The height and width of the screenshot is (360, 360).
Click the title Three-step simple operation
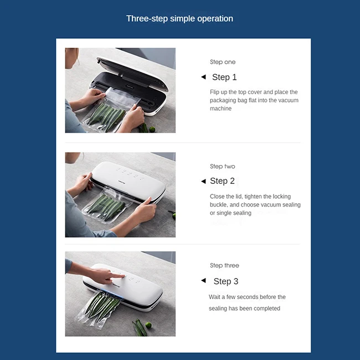point(179,19)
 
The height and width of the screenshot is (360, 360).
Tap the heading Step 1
point(224,77)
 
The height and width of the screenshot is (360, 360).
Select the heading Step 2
point(222,181)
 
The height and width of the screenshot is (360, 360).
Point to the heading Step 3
point(226,281)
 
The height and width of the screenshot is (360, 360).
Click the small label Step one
point(223,62)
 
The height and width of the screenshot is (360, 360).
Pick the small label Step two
point(223,166)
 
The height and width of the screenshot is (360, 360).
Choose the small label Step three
point(224,265)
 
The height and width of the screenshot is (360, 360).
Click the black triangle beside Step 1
point(203,77)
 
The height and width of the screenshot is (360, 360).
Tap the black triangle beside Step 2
point(203,181)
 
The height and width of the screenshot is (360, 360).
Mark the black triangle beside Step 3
point(203,280)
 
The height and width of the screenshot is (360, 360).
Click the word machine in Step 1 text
point(220,109)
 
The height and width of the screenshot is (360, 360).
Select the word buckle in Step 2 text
point(218,204)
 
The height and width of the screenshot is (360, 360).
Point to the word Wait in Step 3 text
point(214,297)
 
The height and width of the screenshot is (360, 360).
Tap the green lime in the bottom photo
point(148,325)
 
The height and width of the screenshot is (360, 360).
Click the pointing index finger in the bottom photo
point(117,276)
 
